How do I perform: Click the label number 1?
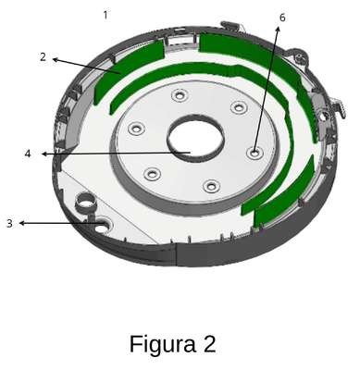tap(106, 15)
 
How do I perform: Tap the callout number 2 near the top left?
tap(43, 56)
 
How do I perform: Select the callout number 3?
tap(9, 223)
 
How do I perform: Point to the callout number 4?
tap(28, 154)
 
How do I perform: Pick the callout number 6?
tap(282, 18)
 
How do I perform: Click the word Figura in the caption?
tap(163, 344)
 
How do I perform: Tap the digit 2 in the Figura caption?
tap(209, 344)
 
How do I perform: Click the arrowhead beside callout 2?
tap(56, 59)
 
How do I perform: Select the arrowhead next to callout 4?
tap(44, 154)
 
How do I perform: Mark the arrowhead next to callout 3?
tap(22, 223)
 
